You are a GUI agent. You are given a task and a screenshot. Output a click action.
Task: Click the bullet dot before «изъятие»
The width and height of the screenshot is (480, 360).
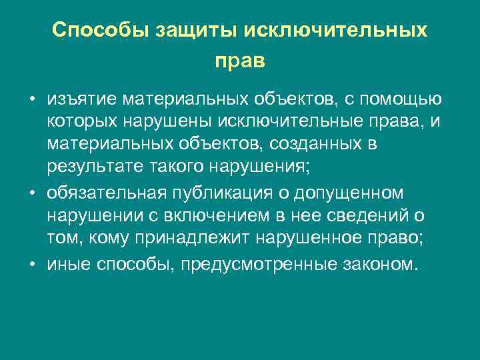31,100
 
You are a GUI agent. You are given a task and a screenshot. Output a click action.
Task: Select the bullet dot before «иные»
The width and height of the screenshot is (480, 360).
31,263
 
